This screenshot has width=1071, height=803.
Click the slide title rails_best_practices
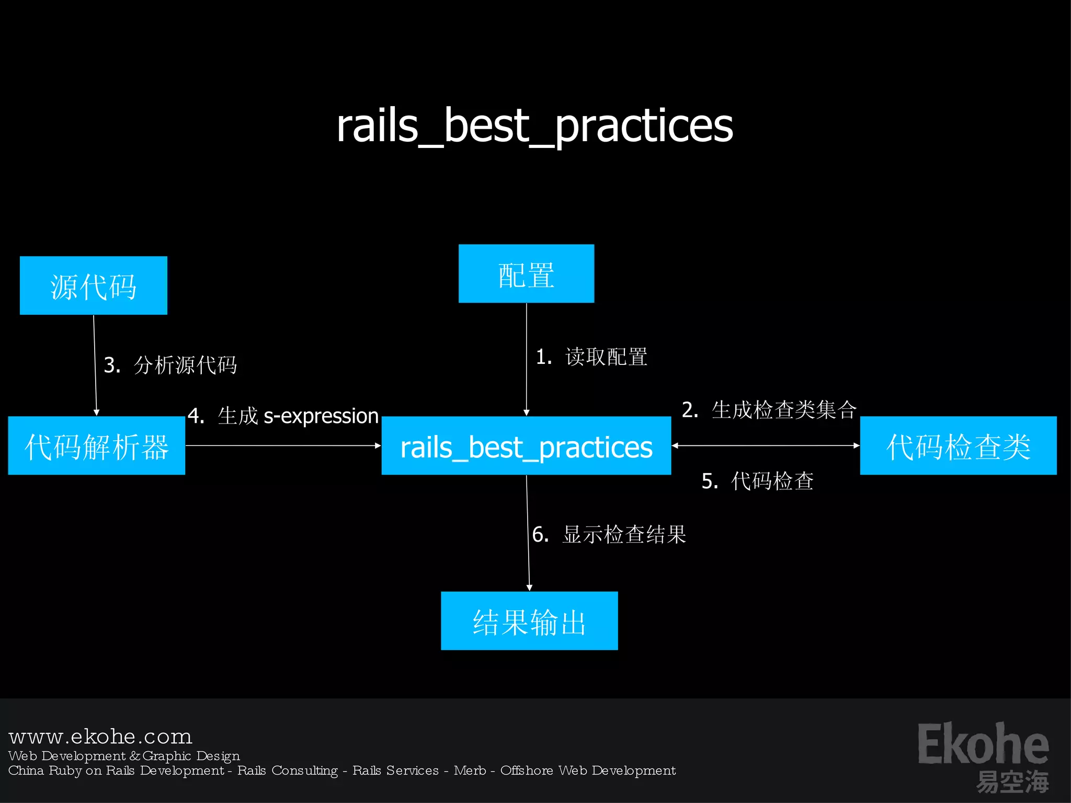tap(534, 126)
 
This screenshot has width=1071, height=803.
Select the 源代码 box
tap(94, 285)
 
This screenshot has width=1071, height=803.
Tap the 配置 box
tap(526, 273)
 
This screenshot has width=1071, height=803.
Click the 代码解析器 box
tap(97, 445)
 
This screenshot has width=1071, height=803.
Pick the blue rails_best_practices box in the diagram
tap(526, 446)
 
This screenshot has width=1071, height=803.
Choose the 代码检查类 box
tap(958, 445)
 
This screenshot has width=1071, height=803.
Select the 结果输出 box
tap(529, 621)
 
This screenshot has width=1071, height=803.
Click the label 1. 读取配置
tap(591, 357)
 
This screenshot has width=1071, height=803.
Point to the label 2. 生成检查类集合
tap(769, 410)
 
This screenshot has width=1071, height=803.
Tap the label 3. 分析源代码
tap(170, 365)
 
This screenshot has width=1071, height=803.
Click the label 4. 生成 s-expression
tap(283, 416)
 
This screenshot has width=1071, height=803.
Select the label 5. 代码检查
tap(757, 481)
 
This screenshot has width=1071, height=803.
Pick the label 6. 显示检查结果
tap(609, 534)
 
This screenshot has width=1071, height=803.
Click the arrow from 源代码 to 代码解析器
tap(95, 366)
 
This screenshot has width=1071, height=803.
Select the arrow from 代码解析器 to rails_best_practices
tap(283, 445)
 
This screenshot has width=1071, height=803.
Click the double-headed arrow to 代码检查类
tap(766, 445)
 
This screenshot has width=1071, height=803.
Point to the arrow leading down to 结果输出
tap(528, 533)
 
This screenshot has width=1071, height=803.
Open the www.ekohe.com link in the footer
tap(100, 737)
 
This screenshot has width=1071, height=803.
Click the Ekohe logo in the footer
tap(983, 755)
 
